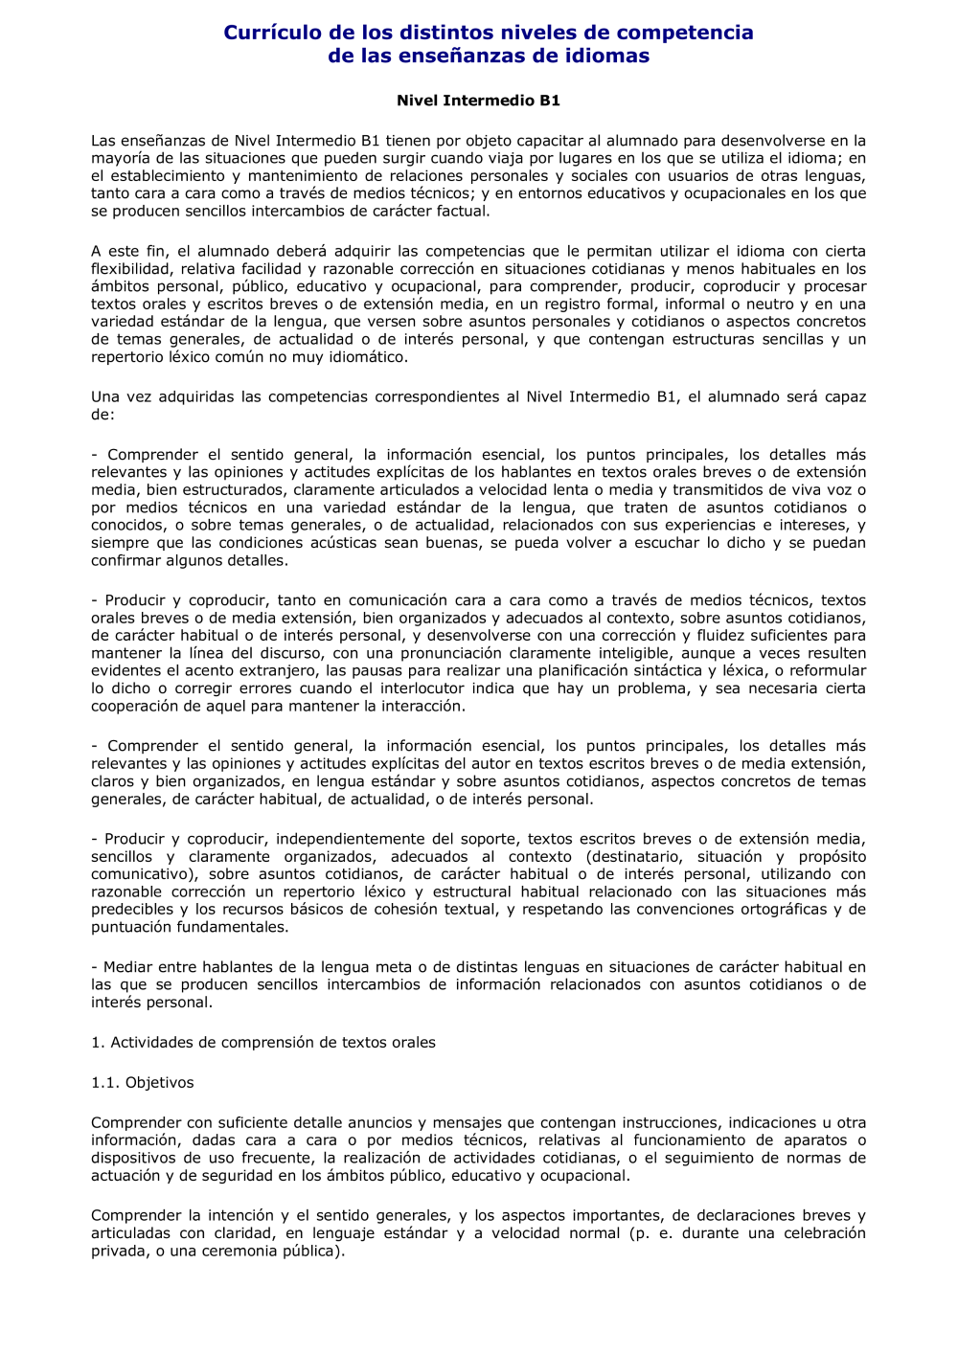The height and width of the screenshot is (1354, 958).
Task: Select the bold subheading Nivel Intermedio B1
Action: [x=479, y=101]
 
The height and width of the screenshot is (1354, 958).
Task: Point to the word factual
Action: [x=461, y=212]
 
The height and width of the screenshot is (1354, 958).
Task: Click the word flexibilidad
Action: [x=131, y=269]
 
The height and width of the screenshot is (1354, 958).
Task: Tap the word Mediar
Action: [x=128, y=967]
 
